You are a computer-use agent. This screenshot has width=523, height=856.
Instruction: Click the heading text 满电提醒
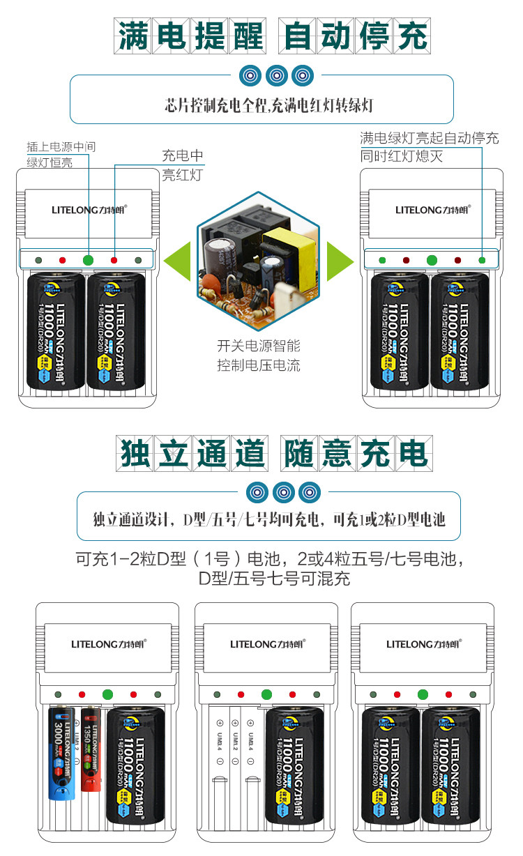tap(190, 35)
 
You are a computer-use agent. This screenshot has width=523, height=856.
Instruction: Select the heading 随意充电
tap(356, 454)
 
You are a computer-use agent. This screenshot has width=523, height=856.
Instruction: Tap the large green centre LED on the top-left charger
tap(88, 260)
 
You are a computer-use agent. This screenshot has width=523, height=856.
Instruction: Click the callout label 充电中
tap(183, 155)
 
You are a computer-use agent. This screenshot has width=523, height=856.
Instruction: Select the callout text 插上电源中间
tap(61, 147)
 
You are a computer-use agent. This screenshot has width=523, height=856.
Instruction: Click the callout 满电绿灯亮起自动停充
tap(429, 138)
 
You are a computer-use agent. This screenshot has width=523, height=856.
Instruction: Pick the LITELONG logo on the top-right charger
tap(430, 209)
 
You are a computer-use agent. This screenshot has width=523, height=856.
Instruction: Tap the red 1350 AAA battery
tap(89, 749)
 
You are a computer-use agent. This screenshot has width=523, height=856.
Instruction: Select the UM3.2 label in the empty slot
tap(235, 741)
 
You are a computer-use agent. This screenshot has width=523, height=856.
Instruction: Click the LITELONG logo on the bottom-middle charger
tap(266, 644)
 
